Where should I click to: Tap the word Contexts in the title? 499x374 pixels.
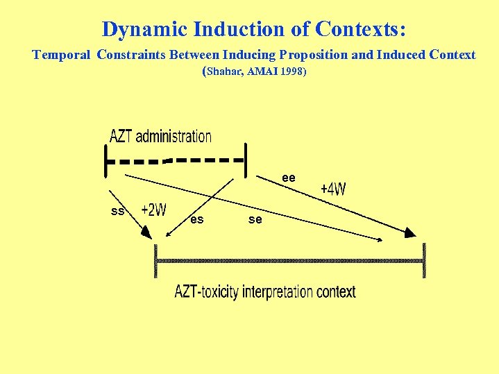[360, 30]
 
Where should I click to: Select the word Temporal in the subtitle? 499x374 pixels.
[62, 55]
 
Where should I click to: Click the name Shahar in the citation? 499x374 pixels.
[223, 71]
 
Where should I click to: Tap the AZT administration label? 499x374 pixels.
[160, 136]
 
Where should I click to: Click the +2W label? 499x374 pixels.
[153, 210]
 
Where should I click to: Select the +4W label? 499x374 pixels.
[333, 189]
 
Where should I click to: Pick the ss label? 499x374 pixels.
[117, 210]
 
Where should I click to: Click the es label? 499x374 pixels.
[197, 219]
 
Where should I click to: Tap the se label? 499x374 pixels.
[255, 219]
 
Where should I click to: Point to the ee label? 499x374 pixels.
[289, 178]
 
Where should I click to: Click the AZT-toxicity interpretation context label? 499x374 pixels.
[264, 291]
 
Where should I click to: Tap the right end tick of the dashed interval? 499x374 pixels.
[246, 160]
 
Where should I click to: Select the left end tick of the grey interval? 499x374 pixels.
[156, 261]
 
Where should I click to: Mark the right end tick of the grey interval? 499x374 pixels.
[423, 261]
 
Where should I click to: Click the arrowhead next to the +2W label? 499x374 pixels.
[146, 232]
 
